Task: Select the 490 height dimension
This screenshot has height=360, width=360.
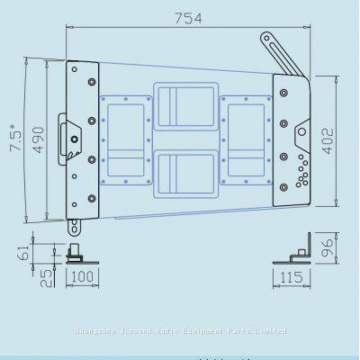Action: point(38,141)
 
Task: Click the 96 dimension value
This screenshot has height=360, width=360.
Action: point(331,246)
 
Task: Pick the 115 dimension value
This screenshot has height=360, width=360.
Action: point(292,276)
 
